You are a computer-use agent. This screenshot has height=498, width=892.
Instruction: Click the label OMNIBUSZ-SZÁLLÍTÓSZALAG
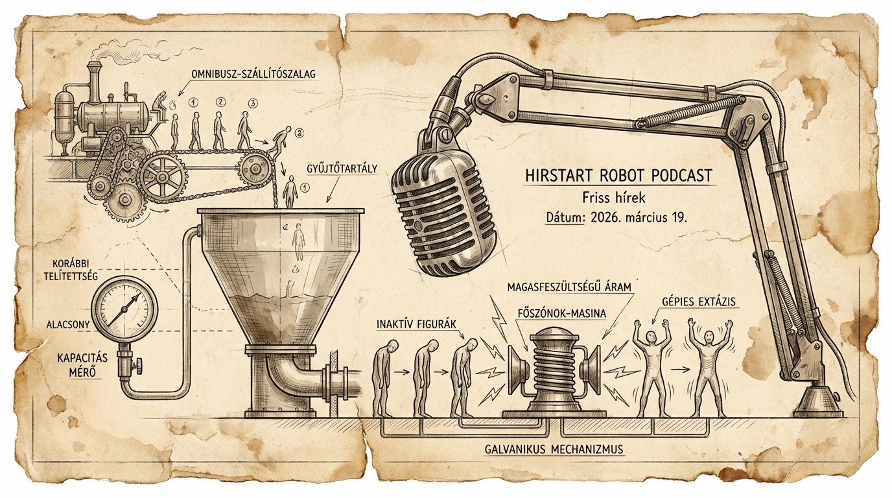point(253,74)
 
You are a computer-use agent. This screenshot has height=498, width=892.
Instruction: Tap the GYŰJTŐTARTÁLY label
point(342,169)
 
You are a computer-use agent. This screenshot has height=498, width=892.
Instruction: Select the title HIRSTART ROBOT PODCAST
point(618,176)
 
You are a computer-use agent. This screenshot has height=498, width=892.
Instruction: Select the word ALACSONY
point(67,325)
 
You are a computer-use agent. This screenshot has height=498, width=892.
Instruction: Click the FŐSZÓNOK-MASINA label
point(561,314)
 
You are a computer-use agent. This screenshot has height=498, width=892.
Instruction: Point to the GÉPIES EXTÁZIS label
point(699,302)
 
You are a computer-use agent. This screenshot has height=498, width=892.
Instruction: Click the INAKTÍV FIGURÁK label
point(416,324)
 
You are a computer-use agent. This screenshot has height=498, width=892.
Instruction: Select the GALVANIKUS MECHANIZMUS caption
point(554,450)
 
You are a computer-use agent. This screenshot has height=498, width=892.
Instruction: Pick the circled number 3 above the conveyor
point(252,103)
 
